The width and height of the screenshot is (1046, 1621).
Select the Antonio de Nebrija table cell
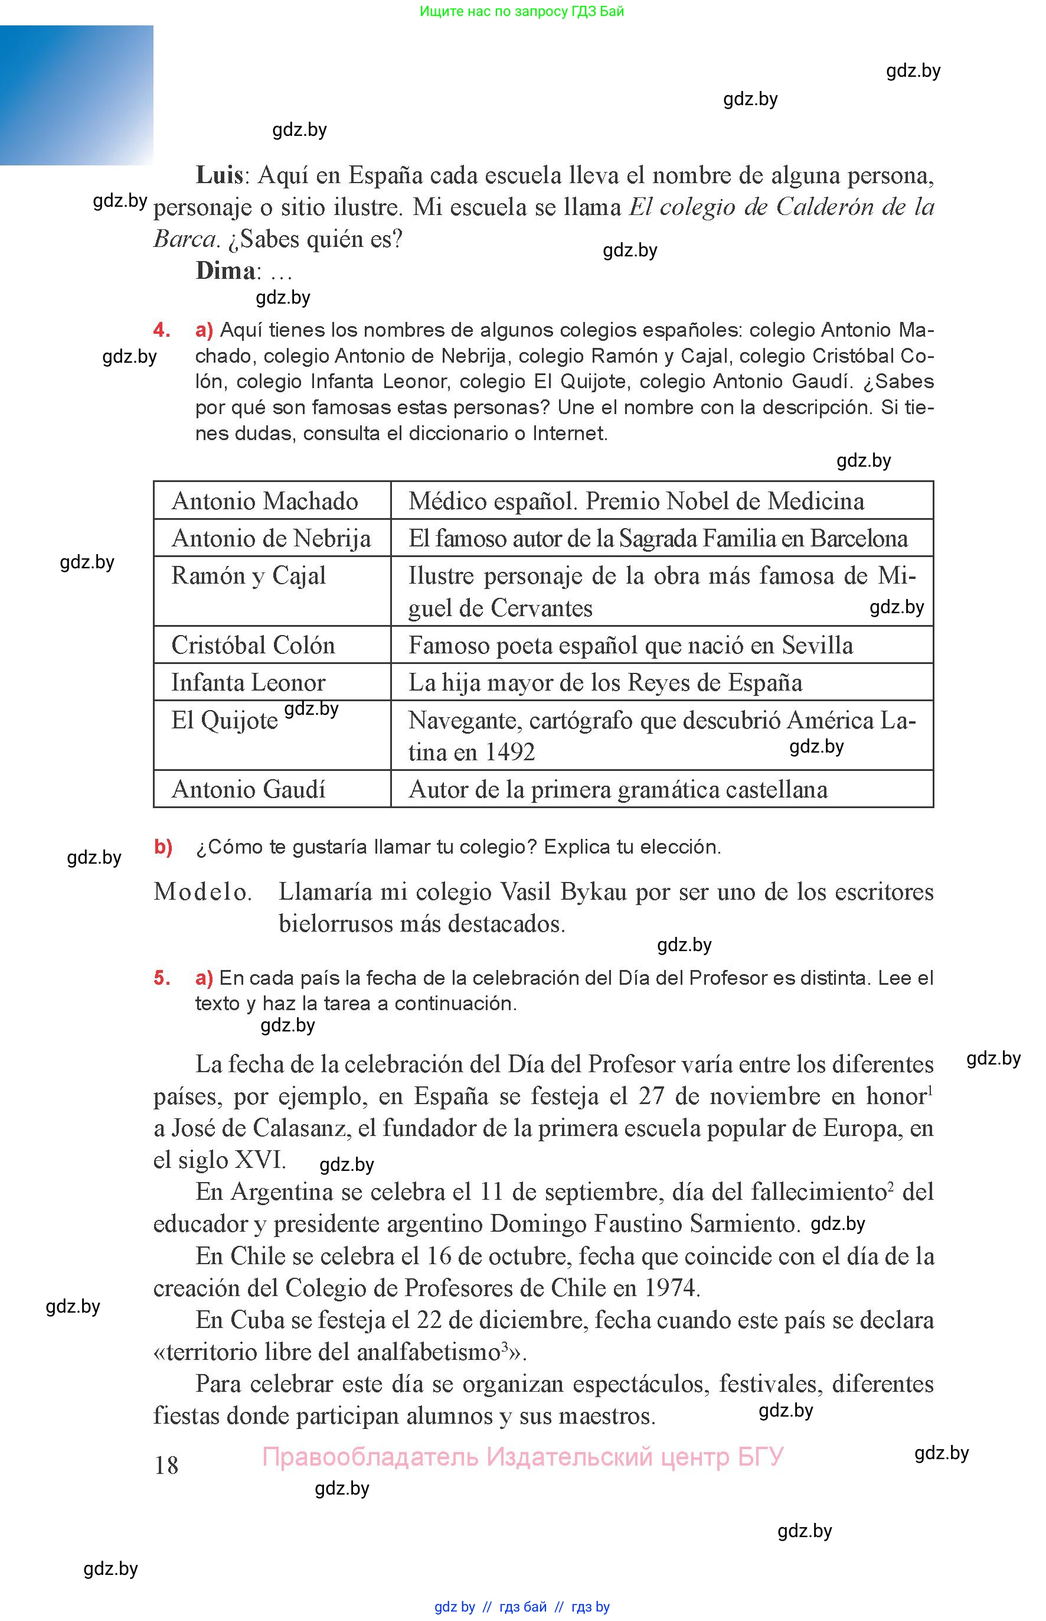[271, 538]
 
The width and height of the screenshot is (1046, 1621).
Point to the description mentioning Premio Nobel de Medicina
[636, 501]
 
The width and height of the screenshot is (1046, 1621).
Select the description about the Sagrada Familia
[658, 538]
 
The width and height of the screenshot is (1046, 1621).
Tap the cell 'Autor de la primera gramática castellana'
[618, 789]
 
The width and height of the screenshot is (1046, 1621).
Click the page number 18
[166, 1466]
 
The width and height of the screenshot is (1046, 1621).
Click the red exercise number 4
[162, 330]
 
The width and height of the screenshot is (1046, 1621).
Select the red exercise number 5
[162, 978]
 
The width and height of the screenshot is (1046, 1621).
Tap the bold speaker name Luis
[220, 175]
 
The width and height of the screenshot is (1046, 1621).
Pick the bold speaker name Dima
[225, 271]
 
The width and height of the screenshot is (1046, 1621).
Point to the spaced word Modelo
[202, 891]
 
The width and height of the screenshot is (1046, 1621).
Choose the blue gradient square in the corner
[76, 95]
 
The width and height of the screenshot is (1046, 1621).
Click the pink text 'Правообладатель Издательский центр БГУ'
[522, 1457]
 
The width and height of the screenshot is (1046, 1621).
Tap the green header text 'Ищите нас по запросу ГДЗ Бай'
[522, 12]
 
